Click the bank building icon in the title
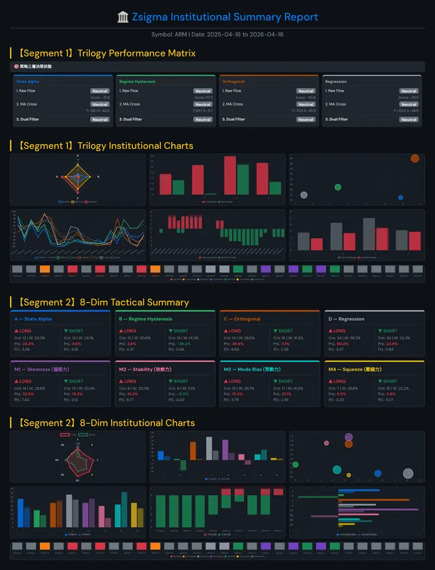pos(123,17)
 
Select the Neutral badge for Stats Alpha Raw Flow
pos(100,91)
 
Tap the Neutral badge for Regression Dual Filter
pos(409,119)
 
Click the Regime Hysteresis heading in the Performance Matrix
pos(137,82)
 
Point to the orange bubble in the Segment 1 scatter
pos(415,158)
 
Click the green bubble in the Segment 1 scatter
pos(338,187)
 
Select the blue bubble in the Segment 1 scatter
pos(400,197)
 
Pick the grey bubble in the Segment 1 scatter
pos(304,195)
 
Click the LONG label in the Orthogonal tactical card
pos(235,331)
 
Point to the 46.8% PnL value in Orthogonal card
pos(238,344)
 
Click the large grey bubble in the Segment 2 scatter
pos(408,474)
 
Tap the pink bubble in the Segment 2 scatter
pos(326,443)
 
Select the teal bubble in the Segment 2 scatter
pos(337,470)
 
